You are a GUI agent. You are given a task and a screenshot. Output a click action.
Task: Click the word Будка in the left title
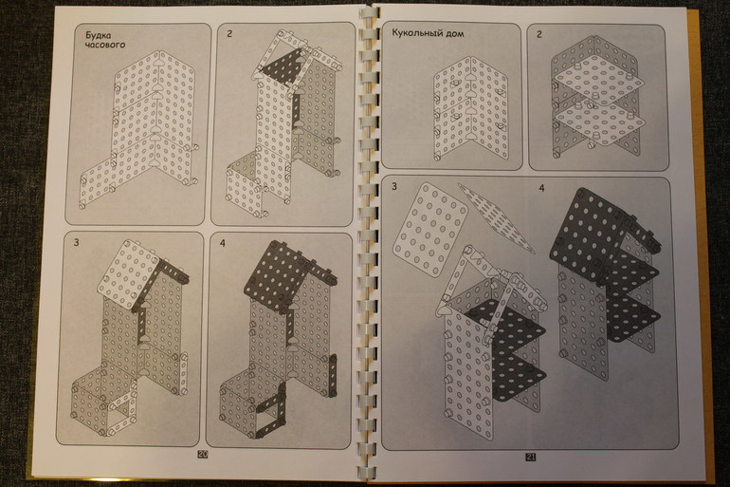click(x=98, y=35)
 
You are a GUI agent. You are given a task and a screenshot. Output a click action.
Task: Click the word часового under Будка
click(x=105, y=45)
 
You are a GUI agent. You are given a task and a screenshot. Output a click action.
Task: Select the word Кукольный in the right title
click(x=416, y=32)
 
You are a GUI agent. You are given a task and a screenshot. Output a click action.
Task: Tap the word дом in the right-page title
click(x=454, y=33)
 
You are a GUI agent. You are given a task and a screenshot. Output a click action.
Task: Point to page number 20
click(x=203, y=455)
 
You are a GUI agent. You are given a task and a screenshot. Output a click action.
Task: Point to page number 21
click(x=530, y=458)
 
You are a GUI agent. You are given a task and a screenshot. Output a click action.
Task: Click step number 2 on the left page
click(x=229, y=33)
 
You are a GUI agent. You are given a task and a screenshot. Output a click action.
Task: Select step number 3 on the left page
click(x=77, y=242)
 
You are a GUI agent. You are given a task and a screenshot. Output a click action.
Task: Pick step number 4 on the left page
click(x=223, y=243)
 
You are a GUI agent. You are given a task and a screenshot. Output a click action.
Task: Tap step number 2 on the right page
click(x=539, y=34)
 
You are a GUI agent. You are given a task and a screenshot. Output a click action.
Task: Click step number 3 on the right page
click(x=394, y=187)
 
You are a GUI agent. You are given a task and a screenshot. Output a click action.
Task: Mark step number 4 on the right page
click(x=541, y=188)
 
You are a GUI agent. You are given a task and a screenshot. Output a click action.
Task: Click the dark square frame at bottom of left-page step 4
click(x=269, y=410)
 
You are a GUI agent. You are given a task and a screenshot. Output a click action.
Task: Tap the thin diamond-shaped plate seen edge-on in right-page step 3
click(x=496, y=217)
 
